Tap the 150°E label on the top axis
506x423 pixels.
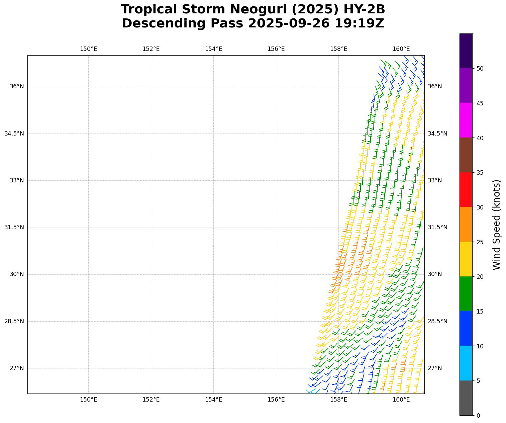tap(88, 49)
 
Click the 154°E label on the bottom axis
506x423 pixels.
tap(213, 400)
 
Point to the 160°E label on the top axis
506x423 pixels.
tap(401, 49)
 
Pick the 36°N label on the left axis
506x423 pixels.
tap(17, 86)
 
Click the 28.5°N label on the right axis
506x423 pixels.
tap(437, 321)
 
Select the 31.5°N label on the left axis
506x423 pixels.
tap(14, 227)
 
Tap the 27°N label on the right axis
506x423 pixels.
tap(435, 368)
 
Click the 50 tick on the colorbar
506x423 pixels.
tap(480, 69)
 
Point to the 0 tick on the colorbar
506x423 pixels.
tap(478, 416)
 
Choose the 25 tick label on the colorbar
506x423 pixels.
tap(480, 242)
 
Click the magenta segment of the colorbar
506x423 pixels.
tap(466, 120)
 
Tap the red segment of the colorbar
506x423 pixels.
tap(466, 190)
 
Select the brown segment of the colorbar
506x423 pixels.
tap(466, 155)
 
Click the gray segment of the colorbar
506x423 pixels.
tap(466, 398)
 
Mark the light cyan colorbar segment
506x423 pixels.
tap(466, 363)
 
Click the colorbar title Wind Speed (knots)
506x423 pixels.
tap(497, 225)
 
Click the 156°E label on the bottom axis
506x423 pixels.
tap(276, 400)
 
